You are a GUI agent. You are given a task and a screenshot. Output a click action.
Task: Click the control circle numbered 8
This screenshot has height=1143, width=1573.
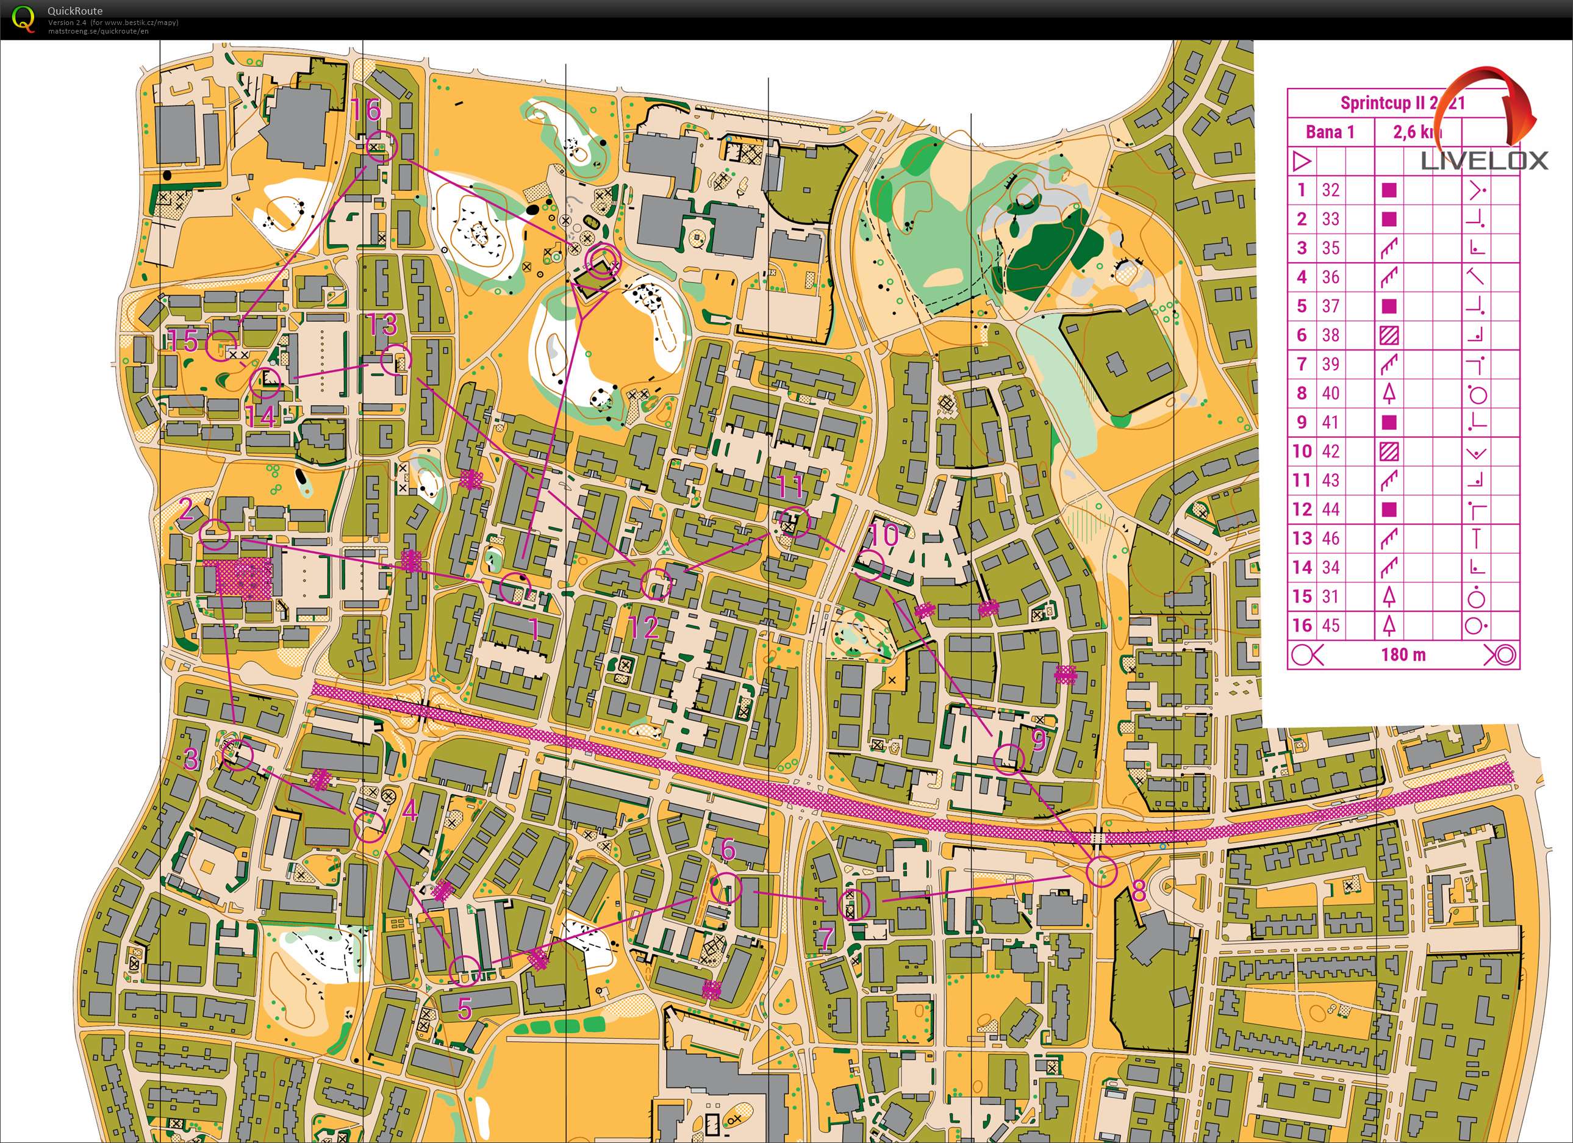[1101, 871]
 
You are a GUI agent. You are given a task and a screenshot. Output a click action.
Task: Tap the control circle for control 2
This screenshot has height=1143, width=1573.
[214, 533]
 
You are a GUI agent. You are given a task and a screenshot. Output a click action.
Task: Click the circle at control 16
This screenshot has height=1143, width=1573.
[380, 148]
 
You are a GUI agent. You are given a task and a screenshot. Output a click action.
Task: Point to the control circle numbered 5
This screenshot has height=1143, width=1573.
[465, 970]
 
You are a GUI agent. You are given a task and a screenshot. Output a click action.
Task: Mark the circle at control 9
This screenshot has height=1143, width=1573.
[1009, 759]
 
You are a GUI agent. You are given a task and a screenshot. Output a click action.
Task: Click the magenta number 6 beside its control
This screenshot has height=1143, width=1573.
[728, 848]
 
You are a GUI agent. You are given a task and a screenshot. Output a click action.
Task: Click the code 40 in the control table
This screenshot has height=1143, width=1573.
[1330, 393]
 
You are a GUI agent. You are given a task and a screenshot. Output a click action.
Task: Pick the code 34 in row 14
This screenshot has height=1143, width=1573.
[1330, 567]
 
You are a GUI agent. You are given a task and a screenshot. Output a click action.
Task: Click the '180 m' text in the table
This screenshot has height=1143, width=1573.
[1403, 654]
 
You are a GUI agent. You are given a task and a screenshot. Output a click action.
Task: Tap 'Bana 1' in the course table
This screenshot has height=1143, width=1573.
[1330, 132]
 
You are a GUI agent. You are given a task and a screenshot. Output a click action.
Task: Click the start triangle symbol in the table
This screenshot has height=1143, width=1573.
[1302, 161]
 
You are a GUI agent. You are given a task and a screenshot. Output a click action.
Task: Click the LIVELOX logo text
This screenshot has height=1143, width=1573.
[1484, 161]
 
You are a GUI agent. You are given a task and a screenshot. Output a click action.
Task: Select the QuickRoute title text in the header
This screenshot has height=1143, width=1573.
[74, 10]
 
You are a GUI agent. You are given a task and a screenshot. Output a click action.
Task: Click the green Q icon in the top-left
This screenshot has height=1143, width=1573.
[23, 18]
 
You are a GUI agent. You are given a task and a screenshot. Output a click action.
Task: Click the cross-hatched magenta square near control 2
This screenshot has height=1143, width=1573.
[243, 578]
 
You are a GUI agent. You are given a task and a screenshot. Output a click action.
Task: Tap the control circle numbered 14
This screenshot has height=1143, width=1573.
[265, 383]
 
